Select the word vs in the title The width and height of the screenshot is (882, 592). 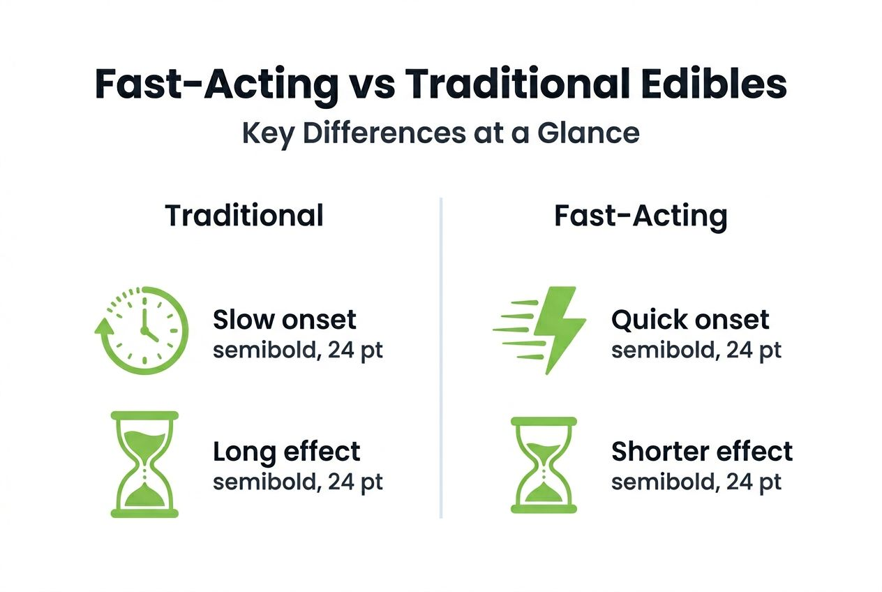tap(371, 84)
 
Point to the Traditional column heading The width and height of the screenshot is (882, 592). tap(244, 216)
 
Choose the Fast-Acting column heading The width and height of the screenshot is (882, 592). tap(641, 216)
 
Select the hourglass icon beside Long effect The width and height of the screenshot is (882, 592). tap(144, 464)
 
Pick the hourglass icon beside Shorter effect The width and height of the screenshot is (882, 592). tap(544, 465)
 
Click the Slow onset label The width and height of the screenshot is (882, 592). tap(284, 320)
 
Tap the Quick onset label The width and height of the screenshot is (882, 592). tap(690, 320)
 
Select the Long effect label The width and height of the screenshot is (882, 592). tap(286, 452)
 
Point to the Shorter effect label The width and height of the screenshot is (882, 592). tap(702, 452)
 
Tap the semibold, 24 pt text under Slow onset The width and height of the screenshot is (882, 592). tap(298, 350)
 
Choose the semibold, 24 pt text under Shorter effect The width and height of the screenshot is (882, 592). tap(696, 482)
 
